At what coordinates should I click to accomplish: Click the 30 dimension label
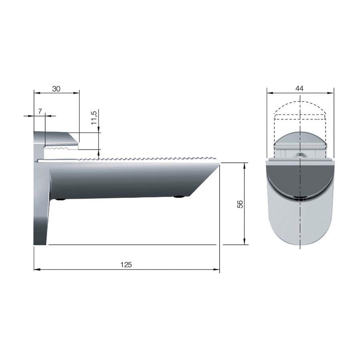(x=56, y=89)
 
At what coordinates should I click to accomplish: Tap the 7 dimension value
(x=40, y=110)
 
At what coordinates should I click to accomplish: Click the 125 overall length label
(x=126, y=264)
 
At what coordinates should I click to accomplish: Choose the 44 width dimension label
(x=300, y=88)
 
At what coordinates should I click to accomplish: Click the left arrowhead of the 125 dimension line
(x=36, y=269)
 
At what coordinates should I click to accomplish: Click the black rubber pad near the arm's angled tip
(x=179, y=196)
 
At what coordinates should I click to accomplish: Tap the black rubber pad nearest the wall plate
(x=60, y=199)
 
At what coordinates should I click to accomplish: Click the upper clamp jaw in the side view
(x=56, y=138)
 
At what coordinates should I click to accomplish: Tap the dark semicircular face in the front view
(x=300, y=178)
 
